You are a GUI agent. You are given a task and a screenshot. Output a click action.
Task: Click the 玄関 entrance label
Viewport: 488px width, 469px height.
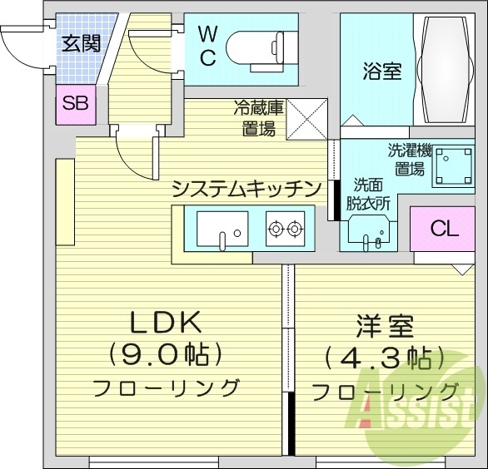tap(81, 42)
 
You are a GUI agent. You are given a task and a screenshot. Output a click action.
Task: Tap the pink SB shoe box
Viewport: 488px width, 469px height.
tap(76, 105)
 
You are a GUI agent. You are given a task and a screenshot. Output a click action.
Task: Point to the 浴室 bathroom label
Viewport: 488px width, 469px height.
tap(382, 72)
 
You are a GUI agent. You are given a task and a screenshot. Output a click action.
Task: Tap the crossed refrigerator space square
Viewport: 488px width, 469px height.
tap(306, 118)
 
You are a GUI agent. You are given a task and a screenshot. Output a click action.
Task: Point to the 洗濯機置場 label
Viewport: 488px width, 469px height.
tap(409, 160)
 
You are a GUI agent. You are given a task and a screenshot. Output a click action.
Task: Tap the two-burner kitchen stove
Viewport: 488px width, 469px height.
tap(285, 227)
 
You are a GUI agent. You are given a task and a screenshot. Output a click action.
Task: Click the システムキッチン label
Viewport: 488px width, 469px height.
tap(246, 189)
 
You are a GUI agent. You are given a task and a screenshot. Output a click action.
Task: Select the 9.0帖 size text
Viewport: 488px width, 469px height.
tap(167, 355)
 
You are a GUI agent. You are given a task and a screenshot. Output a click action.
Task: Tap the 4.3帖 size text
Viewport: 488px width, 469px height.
tap(384, 358)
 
